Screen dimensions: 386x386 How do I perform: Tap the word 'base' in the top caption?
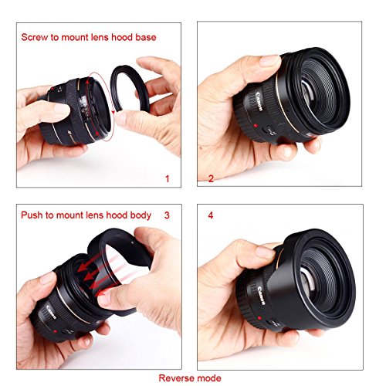pos(146,37)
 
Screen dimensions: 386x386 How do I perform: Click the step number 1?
pos(168,178)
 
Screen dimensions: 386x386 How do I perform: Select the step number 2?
pos(211,178)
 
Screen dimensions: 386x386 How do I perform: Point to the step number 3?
pos(167,215)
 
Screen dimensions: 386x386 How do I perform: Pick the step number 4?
pos(211,215)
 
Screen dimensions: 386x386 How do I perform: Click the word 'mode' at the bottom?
pos(209,378)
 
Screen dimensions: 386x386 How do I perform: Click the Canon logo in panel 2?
pos(259,101)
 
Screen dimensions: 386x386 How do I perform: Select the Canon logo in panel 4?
pos(261,296)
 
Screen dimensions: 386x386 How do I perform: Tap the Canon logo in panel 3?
pos(51,313)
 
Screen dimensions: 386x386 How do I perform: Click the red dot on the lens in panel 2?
pos(256,126)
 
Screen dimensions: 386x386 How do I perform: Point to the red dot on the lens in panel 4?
pos(259,318)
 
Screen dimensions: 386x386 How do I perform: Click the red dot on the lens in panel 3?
pos(55,331)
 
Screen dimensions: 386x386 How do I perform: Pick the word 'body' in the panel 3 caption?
pos(141,215)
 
